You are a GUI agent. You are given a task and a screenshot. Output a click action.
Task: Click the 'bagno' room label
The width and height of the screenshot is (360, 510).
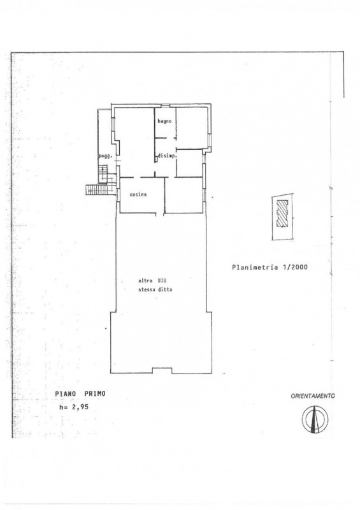[x=164, y=121]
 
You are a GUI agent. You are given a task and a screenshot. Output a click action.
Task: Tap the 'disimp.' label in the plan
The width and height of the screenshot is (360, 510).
[x=167, y=156]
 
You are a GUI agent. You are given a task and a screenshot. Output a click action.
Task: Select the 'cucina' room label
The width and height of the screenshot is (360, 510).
[x=138, y=194]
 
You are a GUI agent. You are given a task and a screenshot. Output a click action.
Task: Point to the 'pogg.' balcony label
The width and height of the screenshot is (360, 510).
[x=105, y=156]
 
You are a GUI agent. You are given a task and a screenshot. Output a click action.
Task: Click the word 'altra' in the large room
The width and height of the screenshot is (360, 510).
[x=145, y=280]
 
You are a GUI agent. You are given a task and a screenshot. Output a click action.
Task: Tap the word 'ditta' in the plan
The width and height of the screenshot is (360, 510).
[x=165, y=289]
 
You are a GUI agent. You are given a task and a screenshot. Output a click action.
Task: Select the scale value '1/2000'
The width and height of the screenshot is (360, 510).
[x=295, y=267]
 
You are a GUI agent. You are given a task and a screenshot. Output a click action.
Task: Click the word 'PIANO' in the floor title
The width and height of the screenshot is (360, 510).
[x=66, y=393]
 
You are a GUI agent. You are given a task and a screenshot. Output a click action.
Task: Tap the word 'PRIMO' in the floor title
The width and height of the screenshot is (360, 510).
[x=95, y=393]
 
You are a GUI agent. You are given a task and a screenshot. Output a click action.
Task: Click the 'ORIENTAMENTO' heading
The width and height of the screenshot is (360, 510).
[x=313, y=396]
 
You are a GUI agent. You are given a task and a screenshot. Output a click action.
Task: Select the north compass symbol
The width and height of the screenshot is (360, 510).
[x=315, y=419]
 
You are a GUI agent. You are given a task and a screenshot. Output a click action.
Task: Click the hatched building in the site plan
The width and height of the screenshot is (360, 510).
[x=282, y=214]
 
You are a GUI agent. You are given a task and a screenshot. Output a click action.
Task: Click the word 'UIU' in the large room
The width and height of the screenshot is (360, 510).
[x=162, y=280]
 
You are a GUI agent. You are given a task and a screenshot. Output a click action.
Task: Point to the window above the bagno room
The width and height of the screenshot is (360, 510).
[x=166, y=105]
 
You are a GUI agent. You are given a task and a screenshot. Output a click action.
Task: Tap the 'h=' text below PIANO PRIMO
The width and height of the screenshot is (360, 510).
[x=63, y=407]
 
